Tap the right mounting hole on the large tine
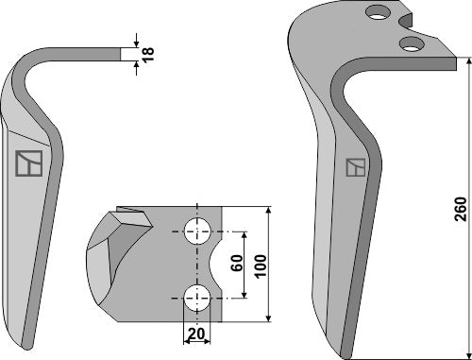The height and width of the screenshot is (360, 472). click(x=410, y=43)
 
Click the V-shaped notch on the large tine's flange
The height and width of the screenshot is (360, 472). click(x=412, y=21)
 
